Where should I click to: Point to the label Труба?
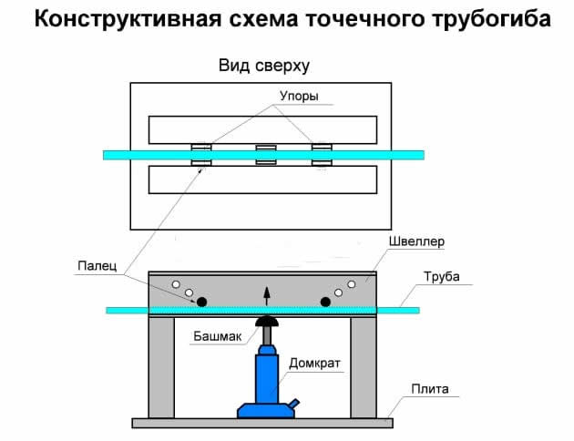pyautogui.click(x=441, y=276)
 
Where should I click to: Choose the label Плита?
pyautogui.click(x=428, y=389)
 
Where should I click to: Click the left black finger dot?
pyautogui.click(x=201, y=301)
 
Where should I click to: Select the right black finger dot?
pyautogui.click(x=325, y=301)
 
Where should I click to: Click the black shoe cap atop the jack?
pyautogui.click(x=266, y=322)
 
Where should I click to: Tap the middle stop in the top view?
pyautogui.click(x=265, y=155)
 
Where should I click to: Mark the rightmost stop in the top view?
pyautogui.click(x=322, y=155)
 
